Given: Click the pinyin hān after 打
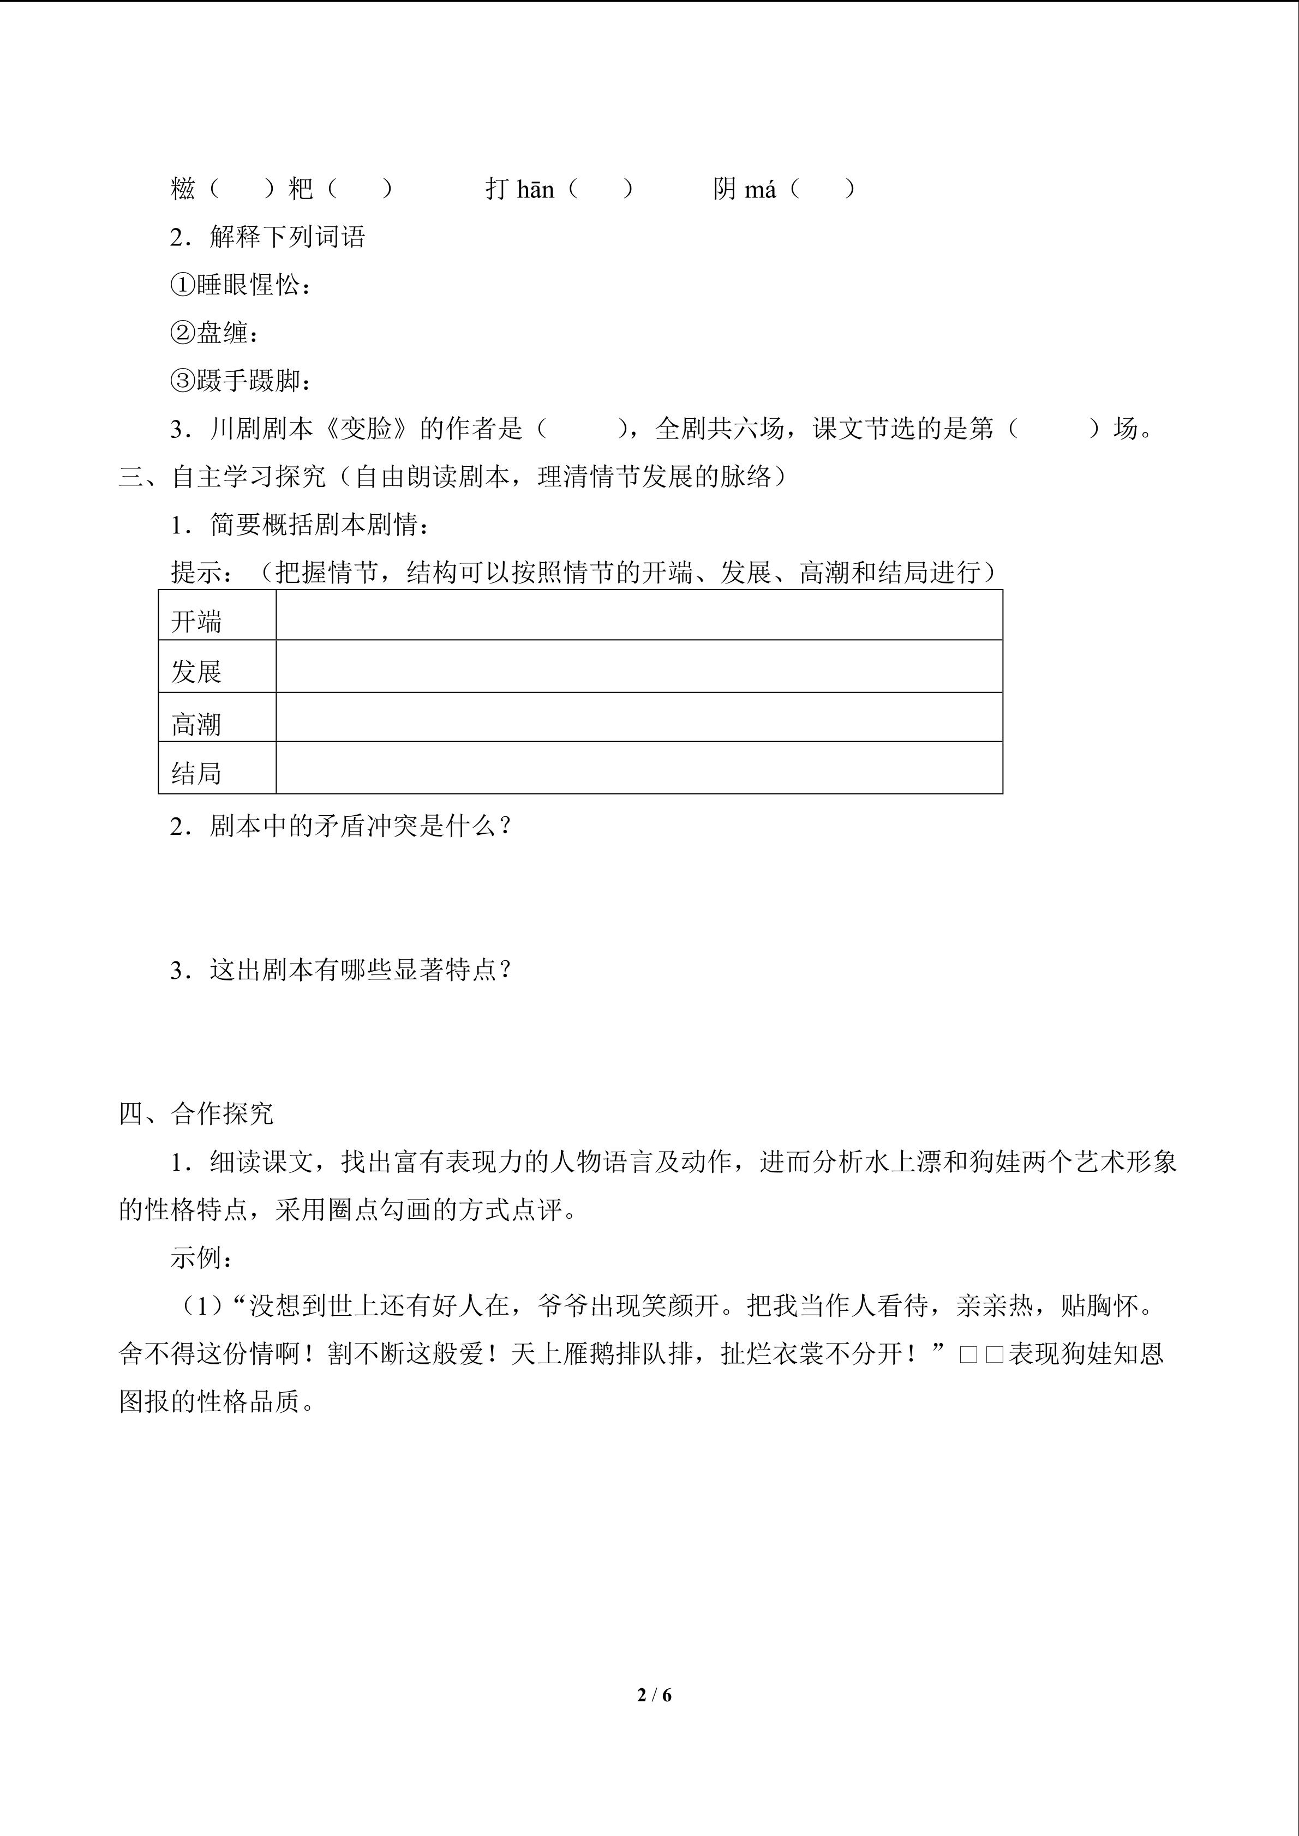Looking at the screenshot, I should click(535, 190).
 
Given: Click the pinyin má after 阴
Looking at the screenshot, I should click(760, 190).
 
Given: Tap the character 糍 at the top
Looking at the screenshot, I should click(183, 190).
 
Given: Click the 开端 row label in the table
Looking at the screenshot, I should click(196, 621).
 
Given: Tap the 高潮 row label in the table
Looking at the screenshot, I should click(196, 725).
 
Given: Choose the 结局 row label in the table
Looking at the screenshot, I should click(196, 773).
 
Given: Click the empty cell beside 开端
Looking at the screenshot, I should click(638, 615).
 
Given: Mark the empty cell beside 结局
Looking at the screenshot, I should click(638, 768).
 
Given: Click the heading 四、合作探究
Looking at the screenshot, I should click(196, 1114).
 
